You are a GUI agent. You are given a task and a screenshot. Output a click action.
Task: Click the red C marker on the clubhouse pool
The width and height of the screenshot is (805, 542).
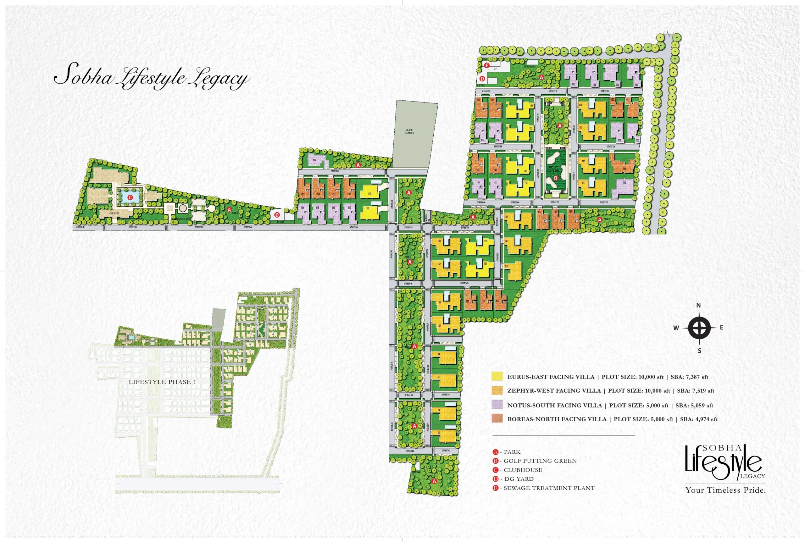tap(130, 197)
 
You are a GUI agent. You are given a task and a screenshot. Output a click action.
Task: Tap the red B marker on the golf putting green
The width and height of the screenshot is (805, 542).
tap(556, 178)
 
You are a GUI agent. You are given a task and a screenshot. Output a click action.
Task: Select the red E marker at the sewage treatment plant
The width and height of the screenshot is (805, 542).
tap(487, 65)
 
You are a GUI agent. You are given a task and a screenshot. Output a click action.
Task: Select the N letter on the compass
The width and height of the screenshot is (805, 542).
tap(698, 305)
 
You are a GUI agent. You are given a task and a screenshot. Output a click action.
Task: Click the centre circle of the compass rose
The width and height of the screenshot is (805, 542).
tap(699, 328)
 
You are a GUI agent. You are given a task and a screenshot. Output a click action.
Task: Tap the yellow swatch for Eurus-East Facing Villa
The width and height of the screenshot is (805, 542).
tap(497, 376)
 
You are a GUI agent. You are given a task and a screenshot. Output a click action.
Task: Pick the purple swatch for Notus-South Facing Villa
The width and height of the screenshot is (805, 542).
tap(497, 404)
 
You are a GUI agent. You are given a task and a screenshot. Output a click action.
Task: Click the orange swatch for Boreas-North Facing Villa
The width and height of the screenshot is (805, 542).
tap(497, 418)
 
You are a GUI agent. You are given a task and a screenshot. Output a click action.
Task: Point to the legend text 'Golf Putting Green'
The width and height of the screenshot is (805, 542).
tap(540, 461)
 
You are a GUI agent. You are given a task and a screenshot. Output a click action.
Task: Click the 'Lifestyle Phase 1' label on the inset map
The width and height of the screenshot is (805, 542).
tap(162, 382)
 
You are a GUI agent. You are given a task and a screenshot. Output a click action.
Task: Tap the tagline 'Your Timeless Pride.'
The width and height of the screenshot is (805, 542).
tap(725, 490)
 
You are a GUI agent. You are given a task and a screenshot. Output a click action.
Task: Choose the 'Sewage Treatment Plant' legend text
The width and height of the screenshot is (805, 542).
tap(549, 488)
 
